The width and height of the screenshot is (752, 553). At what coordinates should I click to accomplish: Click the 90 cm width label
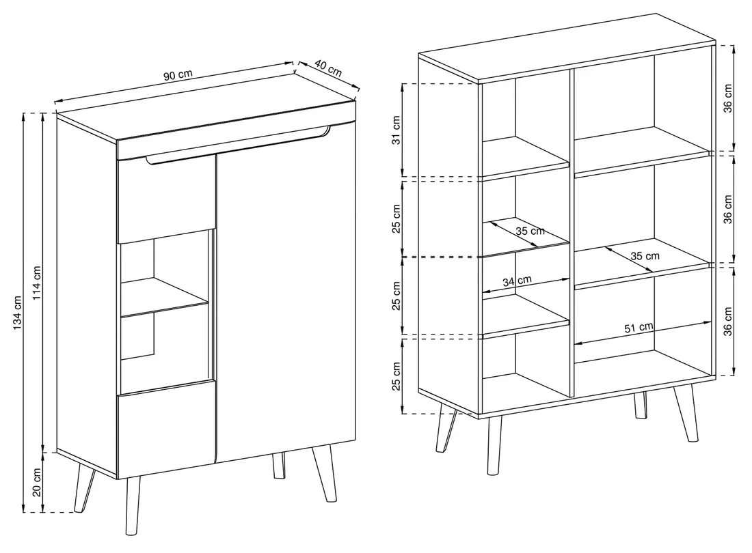tap(178, 75)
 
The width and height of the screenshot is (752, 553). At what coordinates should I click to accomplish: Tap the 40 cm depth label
tap(329, 68)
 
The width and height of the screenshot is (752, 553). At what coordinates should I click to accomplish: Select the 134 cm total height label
tap(17, 312)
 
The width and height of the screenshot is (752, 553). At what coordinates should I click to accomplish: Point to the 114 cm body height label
tap(37, 283)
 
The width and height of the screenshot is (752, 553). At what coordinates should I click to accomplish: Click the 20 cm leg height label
tap(37, 482)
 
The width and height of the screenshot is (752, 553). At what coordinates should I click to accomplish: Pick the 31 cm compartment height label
tap(396, 130)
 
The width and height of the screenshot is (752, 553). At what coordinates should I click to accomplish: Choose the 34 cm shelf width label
tap(517, 281)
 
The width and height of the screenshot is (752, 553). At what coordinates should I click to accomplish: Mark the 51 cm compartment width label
tap(639, 328)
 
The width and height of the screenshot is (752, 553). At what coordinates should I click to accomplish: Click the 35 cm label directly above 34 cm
tap(530, 231)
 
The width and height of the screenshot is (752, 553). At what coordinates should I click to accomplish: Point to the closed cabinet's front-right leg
tap(324, 473)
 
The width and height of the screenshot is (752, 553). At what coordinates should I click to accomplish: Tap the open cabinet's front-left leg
tap(494, 444)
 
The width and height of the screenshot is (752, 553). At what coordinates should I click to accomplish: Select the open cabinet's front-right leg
tap(686, 413)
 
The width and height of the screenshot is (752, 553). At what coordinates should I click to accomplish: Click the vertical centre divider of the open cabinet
tap(572, 233)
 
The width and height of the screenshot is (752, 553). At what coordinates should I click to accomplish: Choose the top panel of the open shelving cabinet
tap(567, 47)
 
